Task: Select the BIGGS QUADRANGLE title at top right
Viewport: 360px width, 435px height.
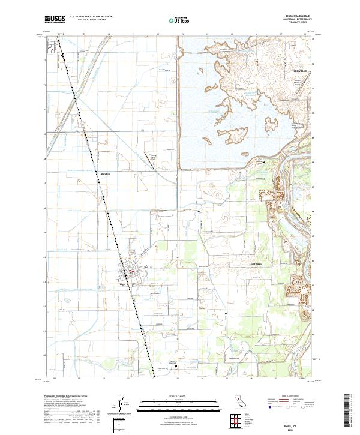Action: [x=295, y=17]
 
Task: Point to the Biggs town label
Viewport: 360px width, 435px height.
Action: [x=123, y=284]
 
